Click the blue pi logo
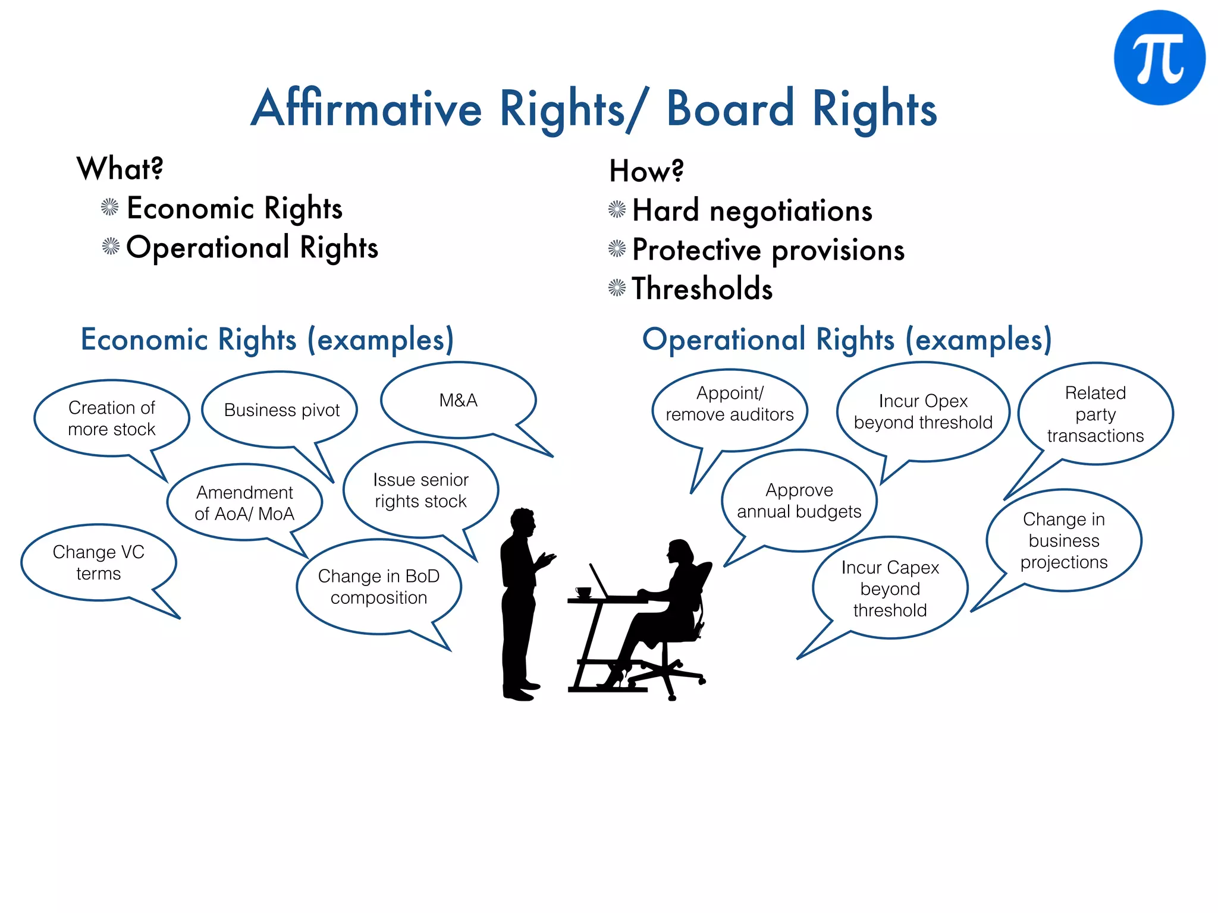[x=1159, y=58]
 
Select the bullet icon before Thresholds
[x=617, y=288]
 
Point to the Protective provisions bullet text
[x=768, y=250]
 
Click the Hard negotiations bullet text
[x=752, y=210]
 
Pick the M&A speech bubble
[x=458, y=400]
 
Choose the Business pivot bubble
[x=281, y=410]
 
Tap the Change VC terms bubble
[x=99, y=562]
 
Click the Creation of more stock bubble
[x=112, y=418]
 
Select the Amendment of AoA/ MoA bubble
[x=244, y=503]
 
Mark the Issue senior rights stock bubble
[x=420, y=490]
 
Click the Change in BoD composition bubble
[x=379, y=587]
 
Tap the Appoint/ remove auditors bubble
[x=730, y=404]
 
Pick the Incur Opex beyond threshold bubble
[x=923, y=411]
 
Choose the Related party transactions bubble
[x=1095, y=414]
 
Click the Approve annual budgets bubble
[x=799, y=500]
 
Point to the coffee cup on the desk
[x=583, y=591]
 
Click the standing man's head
[x=523, y=522]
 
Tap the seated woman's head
[x=680, y=552]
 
